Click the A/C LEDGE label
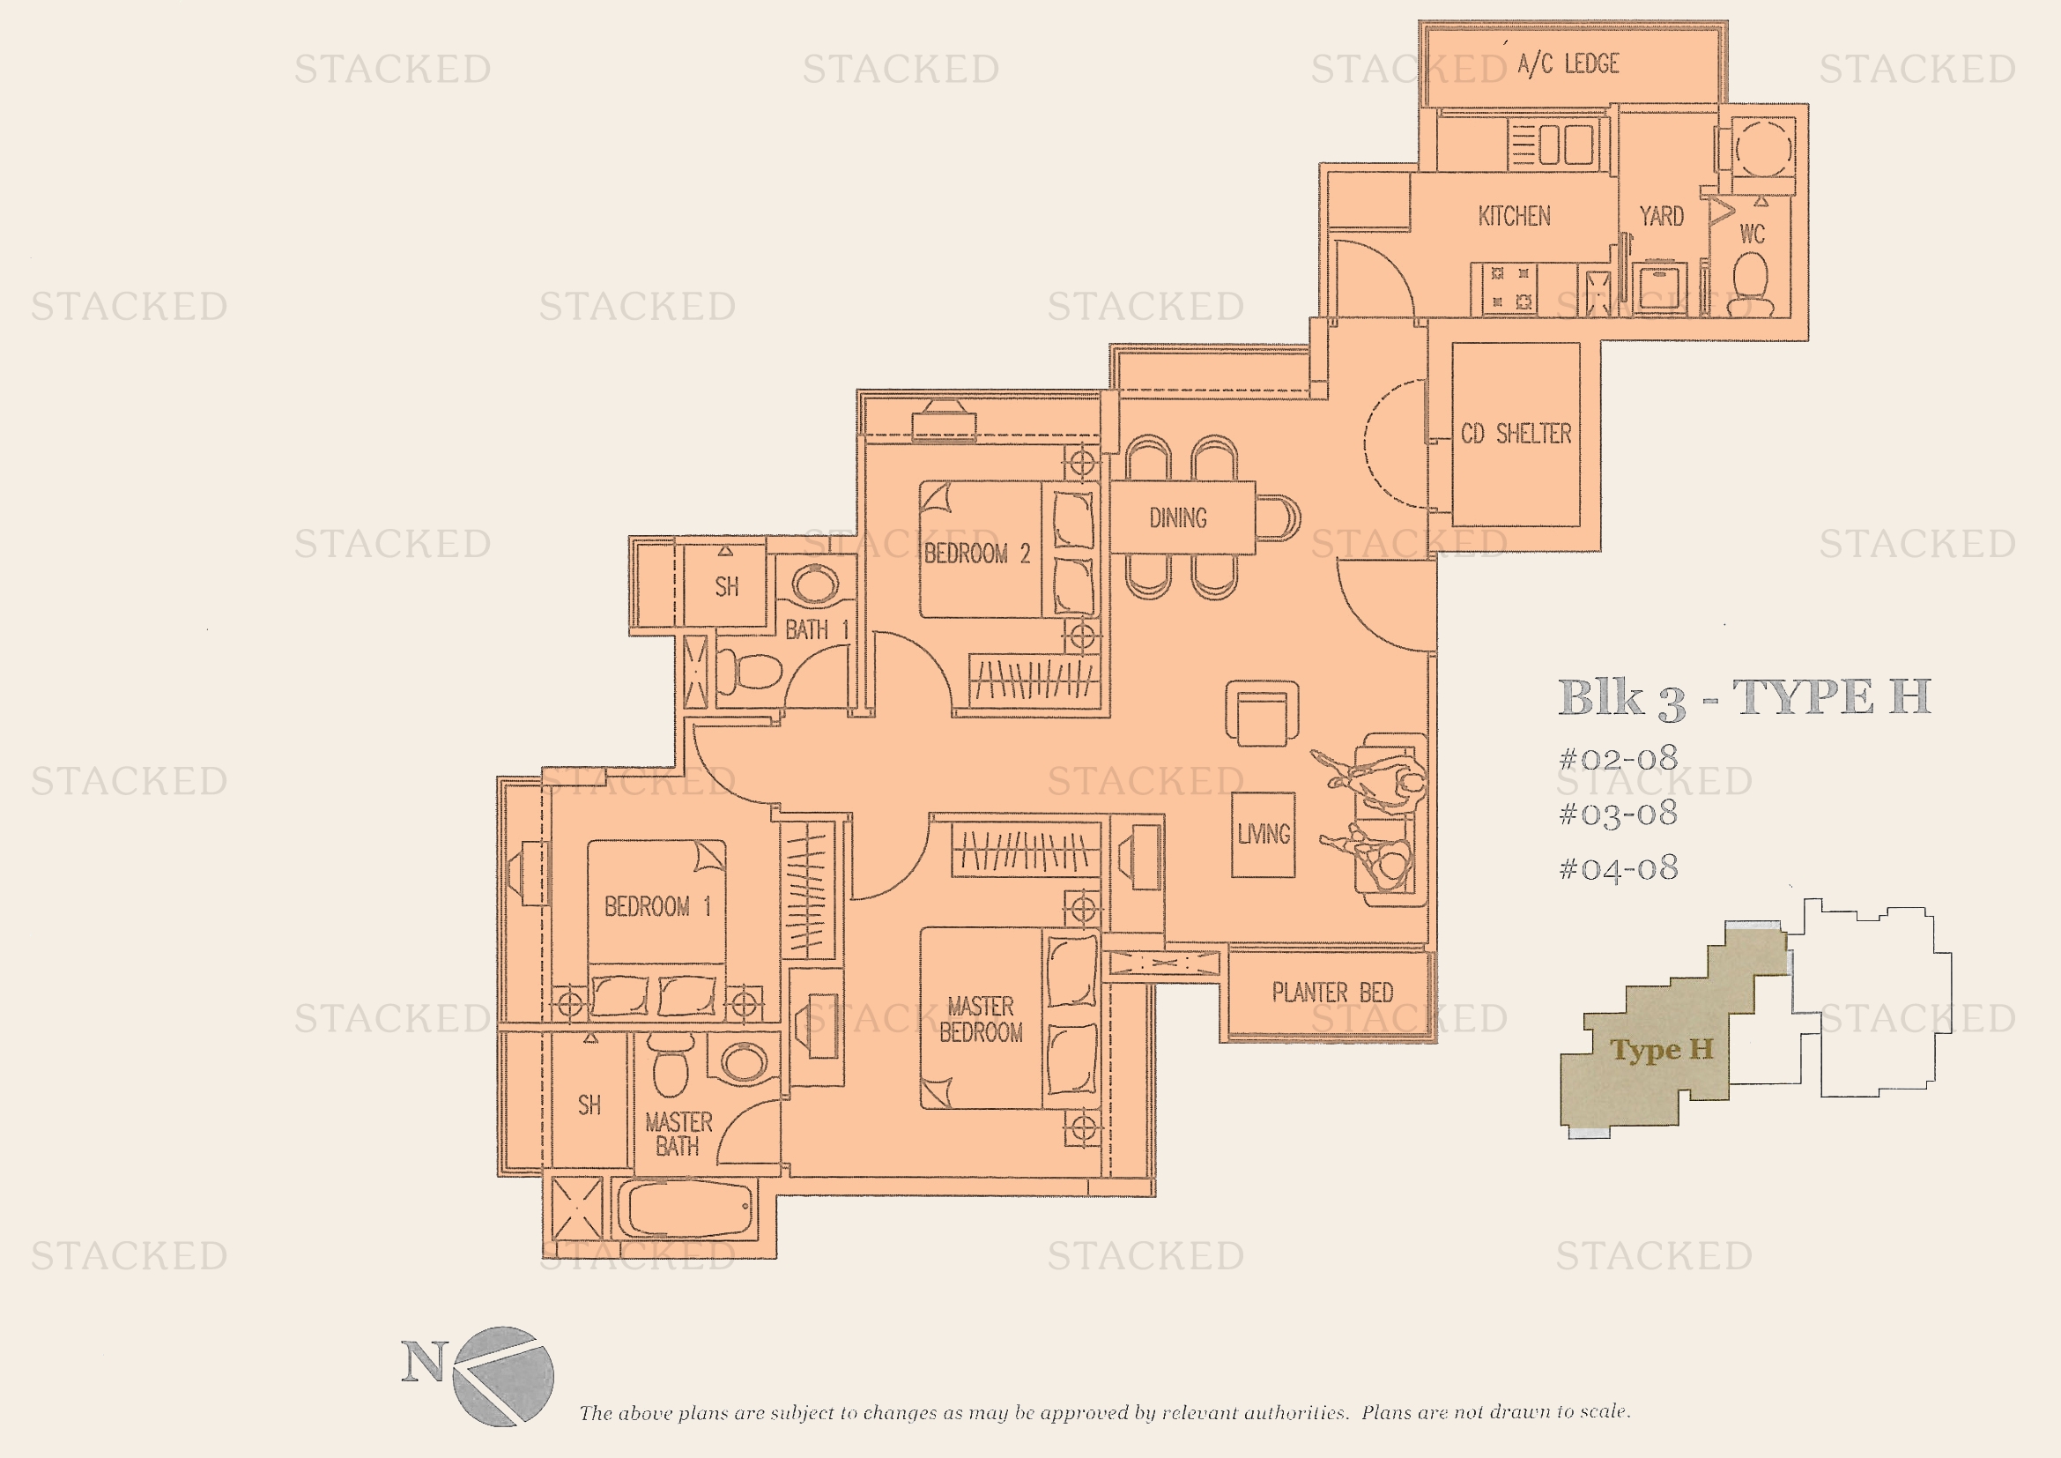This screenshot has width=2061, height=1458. coord(1568,63)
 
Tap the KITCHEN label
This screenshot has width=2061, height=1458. coord(1515,216)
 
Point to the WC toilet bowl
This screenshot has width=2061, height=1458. coord(1750,283)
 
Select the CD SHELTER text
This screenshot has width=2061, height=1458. coord(1516,435)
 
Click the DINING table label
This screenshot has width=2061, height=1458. coord(1178,518)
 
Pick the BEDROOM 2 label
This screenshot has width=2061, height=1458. coord(976,554)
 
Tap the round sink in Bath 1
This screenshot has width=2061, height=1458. coord(815,584)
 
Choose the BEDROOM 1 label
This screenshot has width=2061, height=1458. coord(657,907)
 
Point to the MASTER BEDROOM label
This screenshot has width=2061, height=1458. coord(981,1020)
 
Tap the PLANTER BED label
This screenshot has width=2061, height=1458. coord(1332,993)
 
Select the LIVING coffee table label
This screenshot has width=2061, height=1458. coord(1263,835)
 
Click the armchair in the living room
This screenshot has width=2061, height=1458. coord(1262,714)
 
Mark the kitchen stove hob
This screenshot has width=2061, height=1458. coord(1511,288)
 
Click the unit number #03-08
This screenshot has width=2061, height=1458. coord(1619,814)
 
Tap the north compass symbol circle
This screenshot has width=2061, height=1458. coord(502,1376)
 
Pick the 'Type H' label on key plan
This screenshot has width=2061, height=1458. coord(1662,1050)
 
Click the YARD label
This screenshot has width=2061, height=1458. coord(1662,216)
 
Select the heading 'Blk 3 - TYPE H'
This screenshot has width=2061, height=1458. coord(1744,698)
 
